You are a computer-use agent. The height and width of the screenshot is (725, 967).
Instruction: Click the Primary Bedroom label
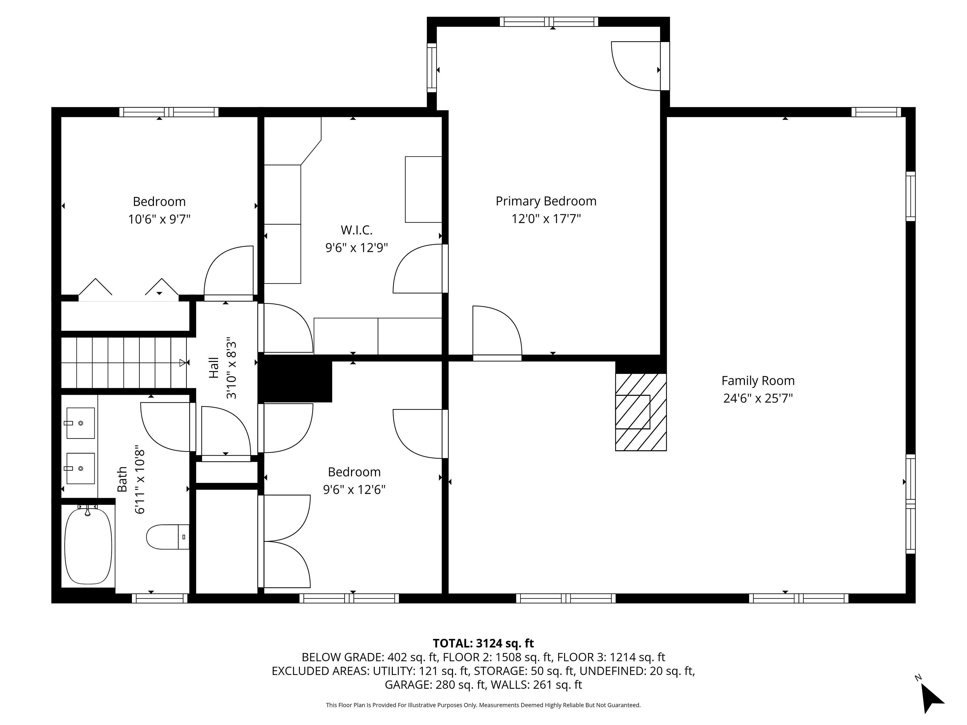click(546, 201)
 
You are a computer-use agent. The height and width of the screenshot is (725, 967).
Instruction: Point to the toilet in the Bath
click(167, 537)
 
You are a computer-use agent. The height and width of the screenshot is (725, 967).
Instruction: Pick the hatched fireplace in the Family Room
click(641, 412)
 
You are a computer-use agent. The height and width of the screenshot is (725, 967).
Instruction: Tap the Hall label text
click(213, 368)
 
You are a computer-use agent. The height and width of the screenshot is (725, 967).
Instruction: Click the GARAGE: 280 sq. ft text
click(435, 685)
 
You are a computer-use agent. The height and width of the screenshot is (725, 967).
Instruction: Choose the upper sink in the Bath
click(80, 423)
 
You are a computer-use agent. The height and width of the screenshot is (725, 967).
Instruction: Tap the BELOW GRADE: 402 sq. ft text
click(370, 657)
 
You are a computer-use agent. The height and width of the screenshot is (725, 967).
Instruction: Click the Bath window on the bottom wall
click(160, 598)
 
